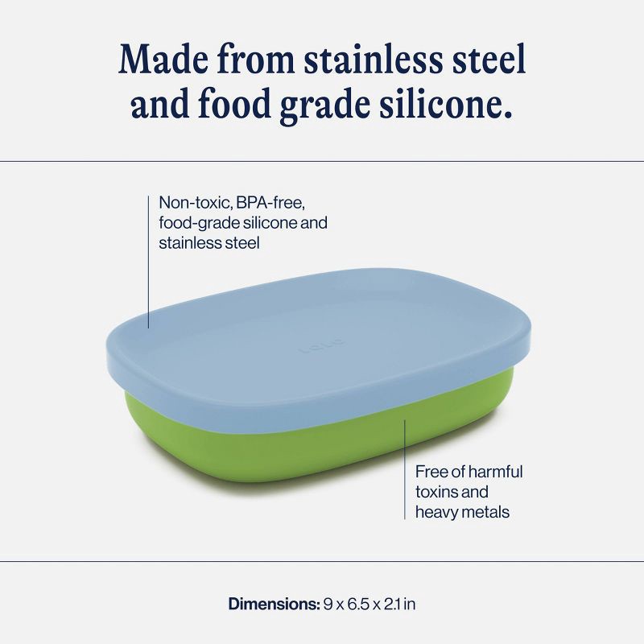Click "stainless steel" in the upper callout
pyautogui.click(x=209, y=242)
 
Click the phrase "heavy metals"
pyautogui.click(x=462, y=511)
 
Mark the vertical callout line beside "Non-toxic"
pyautogui.click(x=149, y=258)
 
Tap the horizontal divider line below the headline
pyautogui.click(x=322, y=161)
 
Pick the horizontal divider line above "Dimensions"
pyautogui.click(x=322, y=561)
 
